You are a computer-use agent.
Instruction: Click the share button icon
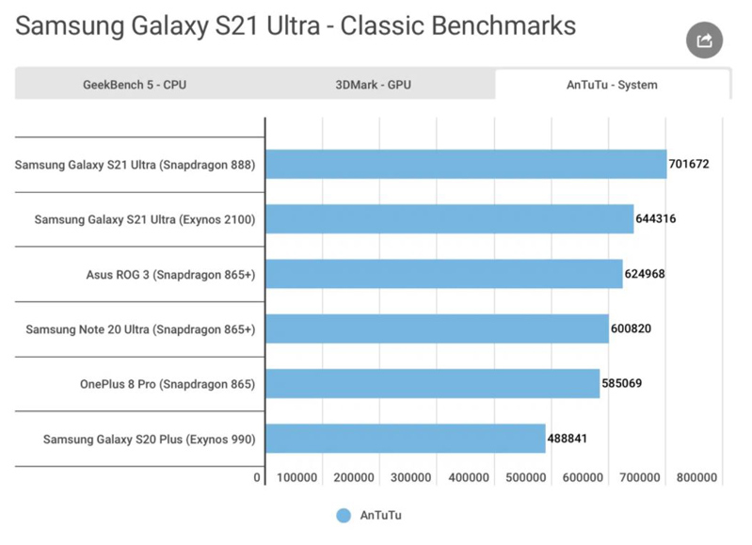click(x=704, y=40)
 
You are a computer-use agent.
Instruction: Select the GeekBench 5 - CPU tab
click(x=135, y=85)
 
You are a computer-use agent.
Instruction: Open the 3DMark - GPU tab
click(x=373, y=85)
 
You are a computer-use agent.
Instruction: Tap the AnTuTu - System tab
click(x=612, y=85)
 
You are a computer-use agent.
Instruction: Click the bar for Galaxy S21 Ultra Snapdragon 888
click(x=466, y=164)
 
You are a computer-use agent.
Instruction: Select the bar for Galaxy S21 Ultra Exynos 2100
click(x=449, y=218)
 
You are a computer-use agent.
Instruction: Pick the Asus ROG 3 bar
click(x=444, y=274)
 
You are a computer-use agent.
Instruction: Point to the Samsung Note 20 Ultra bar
click(x=437, y=329)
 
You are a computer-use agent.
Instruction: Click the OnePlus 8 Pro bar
click(x=433, y=383)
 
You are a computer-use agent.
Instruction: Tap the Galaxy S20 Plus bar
click(x=406, y=439)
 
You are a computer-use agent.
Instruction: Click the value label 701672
click(x=689, y=164)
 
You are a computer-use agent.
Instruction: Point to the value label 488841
click(x=568, y=439)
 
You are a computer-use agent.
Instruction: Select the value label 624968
click(x=645, y=274)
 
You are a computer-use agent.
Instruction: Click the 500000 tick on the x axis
click(x=525, y=477)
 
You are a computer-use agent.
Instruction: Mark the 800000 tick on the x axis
click(x=696, y=477)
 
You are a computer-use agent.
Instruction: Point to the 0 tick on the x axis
click(x=257, y=477)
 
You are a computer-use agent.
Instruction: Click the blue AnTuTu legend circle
click(x=344, y=516)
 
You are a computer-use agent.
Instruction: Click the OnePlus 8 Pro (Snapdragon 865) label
click(x=168, y=384)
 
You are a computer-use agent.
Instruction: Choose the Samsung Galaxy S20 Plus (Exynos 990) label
click(x=149, y=440)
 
